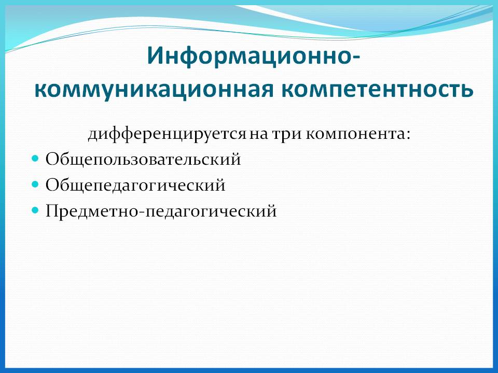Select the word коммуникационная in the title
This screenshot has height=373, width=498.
click(x=154, y=90)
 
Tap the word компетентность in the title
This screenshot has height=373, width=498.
click(x=377, y=90)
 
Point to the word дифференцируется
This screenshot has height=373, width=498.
click(x=167, y=134)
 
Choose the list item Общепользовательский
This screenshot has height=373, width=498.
click(x=143, y=159)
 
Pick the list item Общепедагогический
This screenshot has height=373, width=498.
click(x=135, y=185)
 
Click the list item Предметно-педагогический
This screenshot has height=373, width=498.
click(x=161, y=211)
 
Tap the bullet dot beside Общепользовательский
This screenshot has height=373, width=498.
click(x=35, y=158)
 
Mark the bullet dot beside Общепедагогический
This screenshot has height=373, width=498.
click(x=35, y=184)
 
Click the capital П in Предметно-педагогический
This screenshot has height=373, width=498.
click(x=53, y=211)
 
